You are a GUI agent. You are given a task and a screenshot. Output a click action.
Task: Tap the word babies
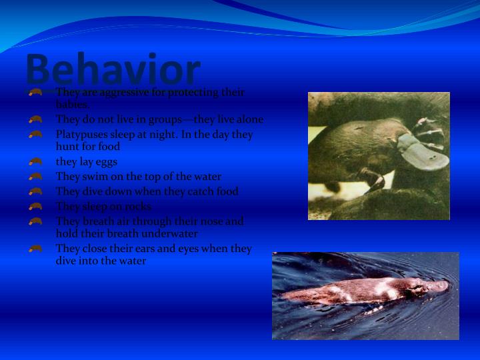[72, 104]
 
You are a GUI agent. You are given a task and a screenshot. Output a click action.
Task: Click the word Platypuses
[82, 135]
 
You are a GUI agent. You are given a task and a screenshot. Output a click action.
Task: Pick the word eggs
[105, 162]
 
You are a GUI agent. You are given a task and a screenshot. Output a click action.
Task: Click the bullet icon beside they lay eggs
[36, 162]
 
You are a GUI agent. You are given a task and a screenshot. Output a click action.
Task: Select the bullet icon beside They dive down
[36, 192]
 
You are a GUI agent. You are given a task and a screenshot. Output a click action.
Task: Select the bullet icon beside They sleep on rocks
[36, 207]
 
